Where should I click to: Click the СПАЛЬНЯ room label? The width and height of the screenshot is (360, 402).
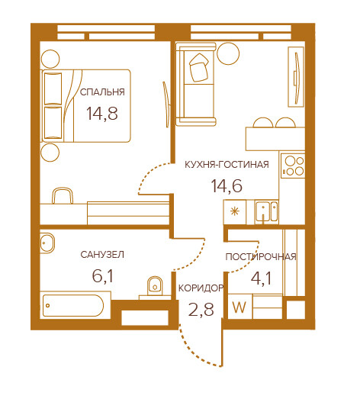(102, 92)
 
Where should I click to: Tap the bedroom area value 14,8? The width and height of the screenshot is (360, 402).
(102, 114)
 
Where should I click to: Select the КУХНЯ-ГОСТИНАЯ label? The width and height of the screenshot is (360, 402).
(227, 164)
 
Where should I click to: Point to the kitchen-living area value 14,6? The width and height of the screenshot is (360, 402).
(227, 186)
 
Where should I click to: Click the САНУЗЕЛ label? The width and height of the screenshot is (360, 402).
(102, 255)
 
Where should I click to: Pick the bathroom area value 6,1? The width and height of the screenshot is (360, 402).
(102, 276)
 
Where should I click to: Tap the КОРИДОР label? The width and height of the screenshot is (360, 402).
(201, 288)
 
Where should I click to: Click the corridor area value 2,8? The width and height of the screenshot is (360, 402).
(201, 309)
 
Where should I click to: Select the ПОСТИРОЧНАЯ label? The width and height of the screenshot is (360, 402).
(261, 256)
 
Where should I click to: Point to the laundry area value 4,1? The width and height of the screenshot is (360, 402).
(261, 278)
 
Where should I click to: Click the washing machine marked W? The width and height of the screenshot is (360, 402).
(239, 307)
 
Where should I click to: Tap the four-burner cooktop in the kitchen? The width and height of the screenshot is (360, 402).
(293, 166)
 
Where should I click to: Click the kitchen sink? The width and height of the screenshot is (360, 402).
(266, 212)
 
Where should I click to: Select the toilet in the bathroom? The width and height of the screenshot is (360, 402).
(155, 285)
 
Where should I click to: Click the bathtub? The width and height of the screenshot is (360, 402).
(73, 305)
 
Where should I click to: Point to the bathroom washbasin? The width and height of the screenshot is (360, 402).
(47, 243)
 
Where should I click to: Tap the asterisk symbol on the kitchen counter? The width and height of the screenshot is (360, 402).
(235, 212)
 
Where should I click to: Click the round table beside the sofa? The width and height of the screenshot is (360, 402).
(228, 53)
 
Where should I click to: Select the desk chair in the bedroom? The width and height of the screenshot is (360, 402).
(63, 196)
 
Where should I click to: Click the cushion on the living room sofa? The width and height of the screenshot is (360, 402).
(199, 67)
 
